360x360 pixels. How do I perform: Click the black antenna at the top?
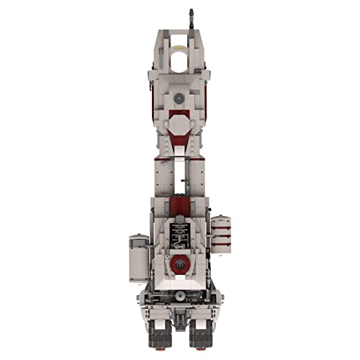pos(191,18)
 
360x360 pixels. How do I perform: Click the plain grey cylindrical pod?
pos(138,258)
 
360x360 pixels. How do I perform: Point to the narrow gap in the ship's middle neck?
pos(180,173)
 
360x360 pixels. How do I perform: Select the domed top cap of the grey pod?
pos(138,238)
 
